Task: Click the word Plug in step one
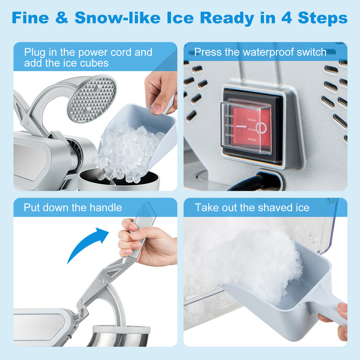coord(35,52)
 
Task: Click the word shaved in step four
coord(277,207)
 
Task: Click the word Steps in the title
coord(324,18)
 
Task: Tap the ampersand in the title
coord(63,18)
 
